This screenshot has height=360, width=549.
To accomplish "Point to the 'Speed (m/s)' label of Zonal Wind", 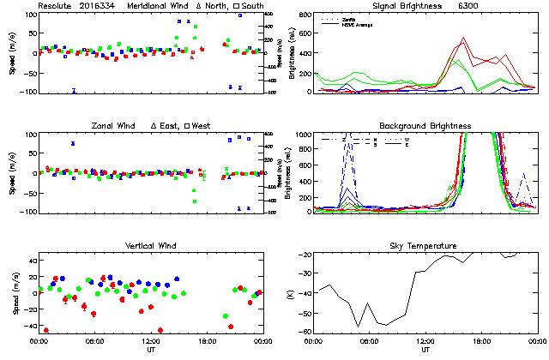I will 12,173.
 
